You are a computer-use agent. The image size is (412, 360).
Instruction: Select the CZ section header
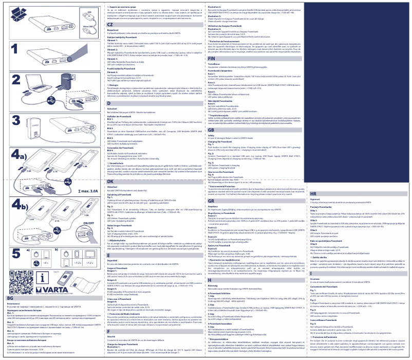110,24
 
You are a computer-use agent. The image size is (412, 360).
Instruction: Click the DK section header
110,182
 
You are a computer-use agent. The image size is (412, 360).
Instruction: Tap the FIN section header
211,59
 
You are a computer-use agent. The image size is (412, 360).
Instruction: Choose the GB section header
211,130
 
